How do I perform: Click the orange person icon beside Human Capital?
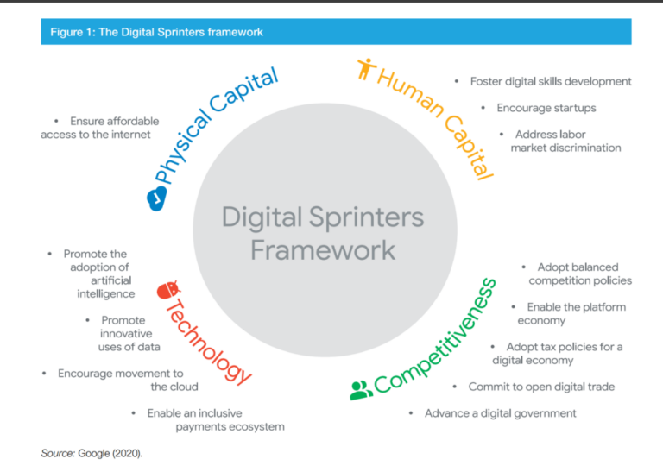[366, 68]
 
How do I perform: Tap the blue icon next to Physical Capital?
[156, 198]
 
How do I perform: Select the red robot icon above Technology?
[168, 290]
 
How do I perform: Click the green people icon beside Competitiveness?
[361, 390]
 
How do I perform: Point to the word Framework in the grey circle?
[323, 250]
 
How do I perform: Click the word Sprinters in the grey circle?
[366, 217]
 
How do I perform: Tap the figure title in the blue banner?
[156, 32]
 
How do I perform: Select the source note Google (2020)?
[110, 453]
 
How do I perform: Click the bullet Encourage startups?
[546, 108]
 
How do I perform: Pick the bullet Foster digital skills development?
[551, 82]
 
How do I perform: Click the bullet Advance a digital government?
[500, 413]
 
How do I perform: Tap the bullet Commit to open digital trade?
[541, 387]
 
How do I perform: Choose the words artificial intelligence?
[106, 287]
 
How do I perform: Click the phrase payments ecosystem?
[230, 427]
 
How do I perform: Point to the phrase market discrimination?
[565, 148]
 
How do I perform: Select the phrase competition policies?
[580, 280]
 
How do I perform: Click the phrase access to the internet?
[96, 135]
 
